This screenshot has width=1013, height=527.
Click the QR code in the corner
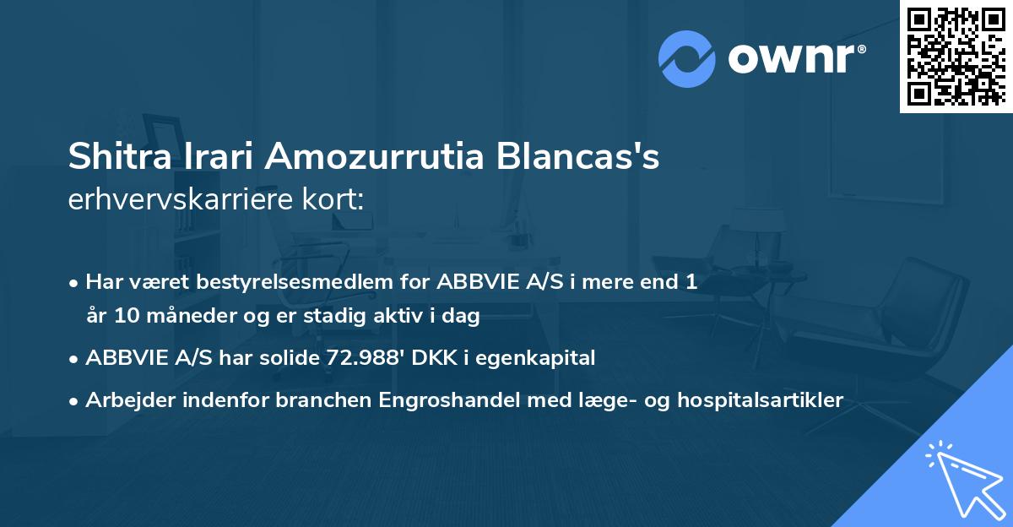pyautogui.click(x=956, y=56)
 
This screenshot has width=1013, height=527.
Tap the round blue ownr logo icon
pyautogui.click(x=687, y=58)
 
